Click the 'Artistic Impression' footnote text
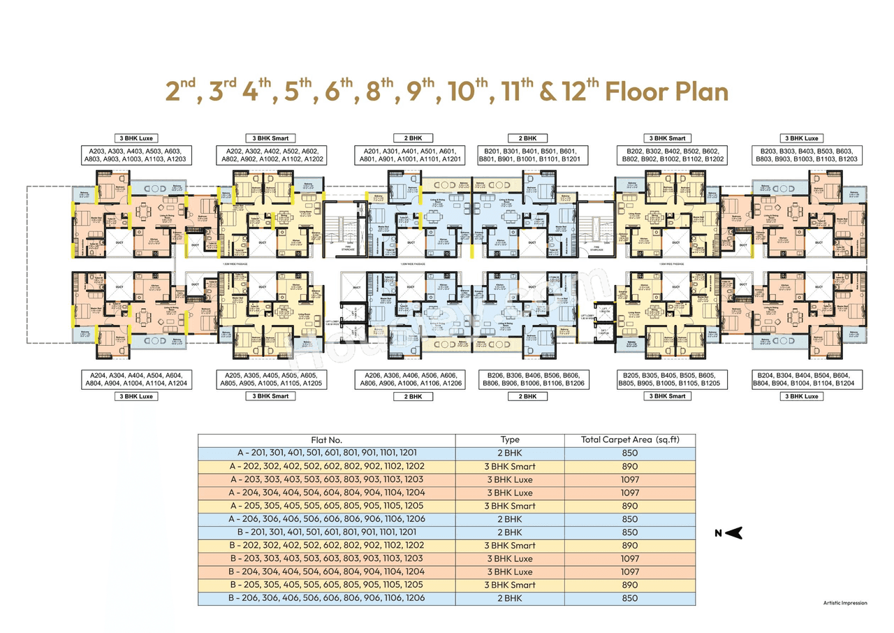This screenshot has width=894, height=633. pyautogui.click(x=844, y=602)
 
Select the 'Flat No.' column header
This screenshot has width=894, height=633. pyautogui.click(x=326, y=440)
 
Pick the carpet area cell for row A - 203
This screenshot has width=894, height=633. pyautogui.click(x=629, y=479)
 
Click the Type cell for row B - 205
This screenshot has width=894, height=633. pyautogui.click(x=510, y=585)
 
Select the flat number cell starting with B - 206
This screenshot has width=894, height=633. pyautogui.click(x=326, y=598)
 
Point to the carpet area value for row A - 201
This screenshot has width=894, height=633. pyautogui.click(x=629, y=453)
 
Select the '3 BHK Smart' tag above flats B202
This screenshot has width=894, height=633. pyautogui.click(x=667, y=138)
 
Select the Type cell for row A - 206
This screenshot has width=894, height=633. pyautogui.click(x=510, y=519)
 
